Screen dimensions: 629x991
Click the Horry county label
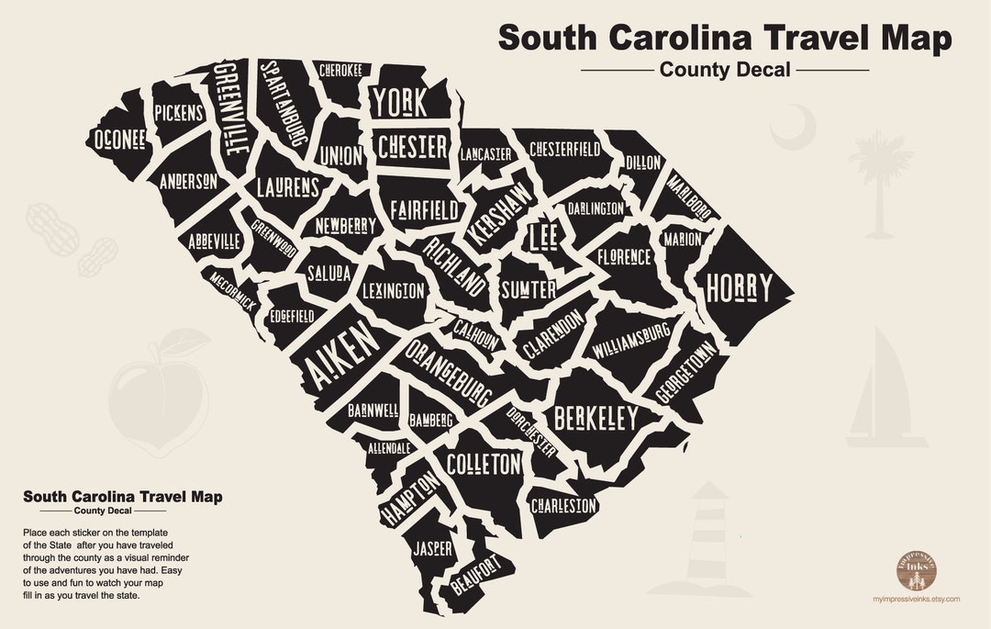pyautogui.click(x=739, y=288)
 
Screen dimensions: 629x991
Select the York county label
pyautogui.click(x=400, y=104)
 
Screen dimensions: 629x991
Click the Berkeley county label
pyautogui.click(x=596, y=419)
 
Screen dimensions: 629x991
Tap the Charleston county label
pyautogui.click(x=563, y=505)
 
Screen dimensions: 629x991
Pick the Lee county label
pyautogui.click(x=542, y=237)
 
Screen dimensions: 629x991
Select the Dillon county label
pyautogui.click(x=643, y=163)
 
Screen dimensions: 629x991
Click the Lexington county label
pyautogui.click(x=393, y=292)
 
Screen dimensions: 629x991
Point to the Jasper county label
pyautogui.click(x=432, y=548)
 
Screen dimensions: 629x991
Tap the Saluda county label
pyautogui.click(x=328, y=274)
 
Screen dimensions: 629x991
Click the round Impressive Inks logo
pyautogui.click(x=915, y=569)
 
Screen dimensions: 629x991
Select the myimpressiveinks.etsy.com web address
pyautogui.click(x=915, y=599)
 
